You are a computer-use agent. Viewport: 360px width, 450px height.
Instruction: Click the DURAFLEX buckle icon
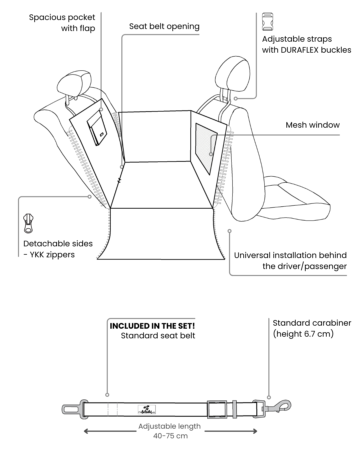268,22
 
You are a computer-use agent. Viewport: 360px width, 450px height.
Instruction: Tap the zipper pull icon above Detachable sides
28,223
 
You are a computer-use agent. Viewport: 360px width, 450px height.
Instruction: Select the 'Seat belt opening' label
164,26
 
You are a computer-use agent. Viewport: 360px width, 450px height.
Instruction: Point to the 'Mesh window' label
312,125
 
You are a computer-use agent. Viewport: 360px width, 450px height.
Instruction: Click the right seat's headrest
233,73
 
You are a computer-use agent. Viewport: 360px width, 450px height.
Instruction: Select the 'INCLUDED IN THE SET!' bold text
152,326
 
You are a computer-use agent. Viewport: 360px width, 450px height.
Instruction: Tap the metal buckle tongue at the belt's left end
71,409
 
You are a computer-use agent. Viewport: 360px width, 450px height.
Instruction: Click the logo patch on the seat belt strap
147,409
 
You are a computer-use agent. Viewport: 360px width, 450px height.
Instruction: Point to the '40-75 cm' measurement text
170,436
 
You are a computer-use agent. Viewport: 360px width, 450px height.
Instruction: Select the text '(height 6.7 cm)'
303,334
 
